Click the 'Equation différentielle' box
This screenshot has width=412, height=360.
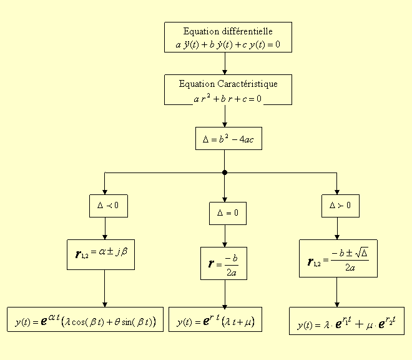pyautogui.click(x=228, y=37)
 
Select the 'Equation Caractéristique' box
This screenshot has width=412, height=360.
pyautogui.click(x=228, y=90)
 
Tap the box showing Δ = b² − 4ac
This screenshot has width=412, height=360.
pyautogui.click(x=228, y=139)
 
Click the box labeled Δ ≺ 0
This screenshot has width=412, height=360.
pyautogui.click(x=108, y=206)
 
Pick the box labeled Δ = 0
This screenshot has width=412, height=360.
pyautogui.click(x=228, y=213)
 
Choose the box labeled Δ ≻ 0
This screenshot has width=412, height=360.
pyautogui.click(x=341, y=205)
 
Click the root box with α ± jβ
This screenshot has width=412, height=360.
pyautogui.click(x=101, y=254)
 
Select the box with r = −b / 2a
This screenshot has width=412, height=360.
pyautogui.click(x=223, y=263)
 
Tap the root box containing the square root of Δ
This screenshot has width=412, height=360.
pyautogui.click(x=338, y=258)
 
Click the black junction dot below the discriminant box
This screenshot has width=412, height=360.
pyautogui.click(x=225, y=172)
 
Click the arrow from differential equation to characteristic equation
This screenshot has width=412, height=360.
pyautogui.click(x=225, y=64)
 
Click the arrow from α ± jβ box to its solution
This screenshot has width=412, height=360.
pyautogui.click(x=104, y=287)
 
